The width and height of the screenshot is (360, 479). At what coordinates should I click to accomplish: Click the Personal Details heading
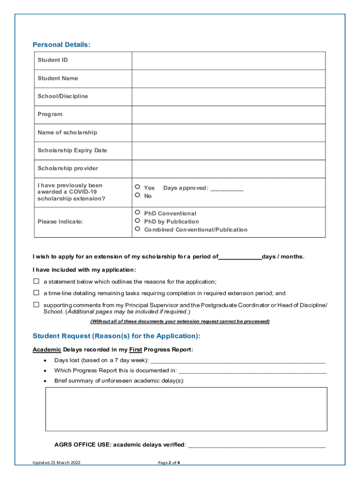click(x=61, y=44)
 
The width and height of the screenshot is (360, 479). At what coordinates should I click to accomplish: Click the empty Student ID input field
click(x=228, y=60)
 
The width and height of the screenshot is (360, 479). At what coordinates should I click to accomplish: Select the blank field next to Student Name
click(x=228, y=79)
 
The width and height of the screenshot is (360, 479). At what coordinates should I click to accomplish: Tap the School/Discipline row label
click(x=63, y=96)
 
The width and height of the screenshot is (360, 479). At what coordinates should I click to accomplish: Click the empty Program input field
click(x=228, y=115)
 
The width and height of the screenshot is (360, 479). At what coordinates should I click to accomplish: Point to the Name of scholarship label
click(x=67, y=132)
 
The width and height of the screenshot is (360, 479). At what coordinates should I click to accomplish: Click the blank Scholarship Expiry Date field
click(x=228, y=151)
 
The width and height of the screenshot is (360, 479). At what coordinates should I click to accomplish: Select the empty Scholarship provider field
click(x=228, y=168)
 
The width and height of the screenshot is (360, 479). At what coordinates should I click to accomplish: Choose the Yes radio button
click(x=137, y=187)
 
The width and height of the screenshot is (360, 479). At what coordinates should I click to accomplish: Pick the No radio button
click(x=137, y=196)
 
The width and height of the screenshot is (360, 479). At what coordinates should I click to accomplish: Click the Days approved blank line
click(x=227, y=189)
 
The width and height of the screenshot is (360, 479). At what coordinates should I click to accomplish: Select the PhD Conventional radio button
click(x=137, y=213)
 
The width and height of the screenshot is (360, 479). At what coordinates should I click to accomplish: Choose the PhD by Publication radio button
click(x=137, y=221)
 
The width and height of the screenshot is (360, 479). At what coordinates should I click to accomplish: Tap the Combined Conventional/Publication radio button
click(x=137, y=229)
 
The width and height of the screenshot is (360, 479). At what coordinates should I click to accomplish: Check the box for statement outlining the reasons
click(x=36, y=282)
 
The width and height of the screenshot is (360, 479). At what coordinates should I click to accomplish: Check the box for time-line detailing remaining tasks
click(x=36, y=293)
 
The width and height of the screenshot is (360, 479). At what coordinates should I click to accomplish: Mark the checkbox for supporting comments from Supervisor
click(x=36, y=305)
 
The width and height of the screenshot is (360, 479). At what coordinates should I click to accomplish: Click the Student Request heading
click(x=116, y=336)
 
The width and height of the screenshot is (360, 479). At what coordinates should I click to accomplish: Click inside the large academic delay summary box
click(x=186, y=409)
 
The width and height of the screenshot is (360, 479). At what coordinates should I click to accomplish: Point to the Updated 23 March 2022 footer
click(x=59, y=463)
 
